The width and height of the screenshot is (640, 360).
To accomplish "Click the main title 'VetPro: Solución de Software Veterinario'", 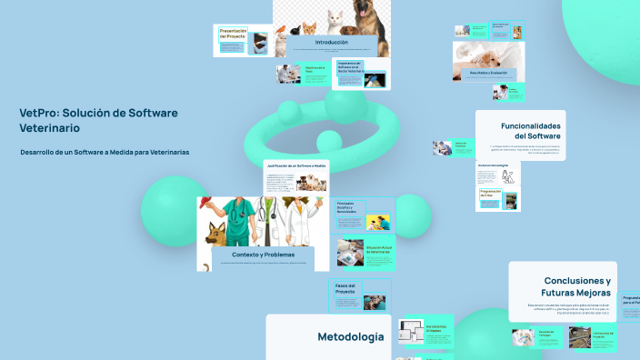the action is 98,120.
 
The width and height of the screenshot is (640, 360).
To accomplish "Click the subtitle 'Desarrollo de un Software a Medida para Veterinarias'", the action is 105,152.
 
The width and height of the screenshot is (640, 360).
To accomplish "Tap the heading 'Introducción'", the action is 332,42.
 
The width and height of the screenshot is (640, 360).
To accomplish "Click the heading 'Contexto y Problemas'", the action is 263,255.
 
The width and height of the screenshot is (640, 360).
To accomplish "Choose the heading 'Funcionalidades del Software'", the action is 531,131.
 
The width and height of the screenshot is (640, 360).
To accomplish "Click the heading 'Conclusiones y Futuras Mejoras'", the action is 576,286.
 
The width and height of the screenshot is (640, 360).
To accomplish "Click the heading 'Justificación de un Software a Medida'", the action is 295,166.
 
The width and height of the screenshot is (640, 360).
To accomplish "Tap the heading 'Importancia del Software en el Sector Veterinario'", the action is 351,66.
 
